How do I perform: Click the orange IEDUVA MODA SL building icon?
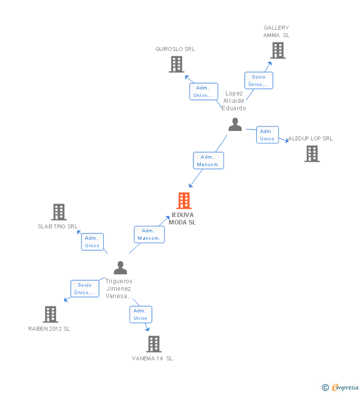(184, 201)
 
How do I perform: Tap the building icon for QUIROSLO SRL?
(177, 64)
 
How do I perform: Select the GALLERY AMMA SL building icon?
(278, 50)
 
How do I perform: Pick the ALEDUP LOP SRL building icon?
(312, 154)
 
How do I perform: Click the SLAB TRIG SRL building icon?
(59, 212)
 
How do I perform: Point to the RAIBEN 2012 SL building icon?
(50, 314)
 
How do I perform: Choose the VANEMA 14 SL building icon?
(154, 344)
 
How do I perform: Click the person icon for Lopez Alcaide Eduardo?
(235, 125)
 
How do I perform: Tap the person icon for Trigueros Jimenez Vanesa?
(120, 268)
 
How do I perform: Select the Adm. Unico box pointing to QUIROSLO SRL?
(204, 91)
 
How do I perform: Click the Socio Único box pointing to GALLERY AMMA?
(259, 81)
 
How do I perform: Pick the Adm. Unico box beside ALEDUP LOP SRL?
(267, 135)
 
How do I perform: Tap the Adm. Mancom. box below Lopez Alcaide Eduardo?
(208, 161)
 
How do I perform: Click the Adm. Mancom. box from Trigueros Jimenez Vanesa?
(149, 234)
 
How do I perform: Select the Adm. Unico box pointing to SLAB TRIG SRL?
(92, 242)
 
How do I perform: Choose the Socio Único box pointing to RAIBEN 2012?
(85, 288)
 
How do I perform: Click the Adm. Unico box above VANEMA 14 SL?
(140, 314)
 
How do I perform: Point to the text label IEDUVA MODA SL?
(182, 218)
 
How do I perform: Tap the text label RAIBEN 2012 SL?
(49, 329)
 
